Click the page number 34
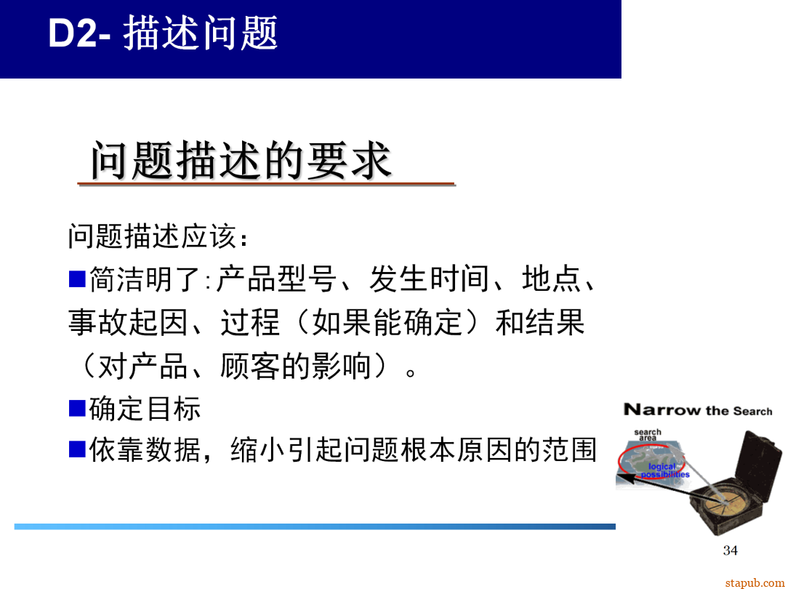point(730,550)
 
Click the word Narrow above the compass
point(661,410)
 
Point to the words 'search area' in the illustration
point(647,435)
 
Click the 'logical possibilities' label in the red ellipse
point(664,470)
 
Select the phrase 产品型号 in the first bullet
point(275,279)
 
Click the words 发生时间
point(429,279)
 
